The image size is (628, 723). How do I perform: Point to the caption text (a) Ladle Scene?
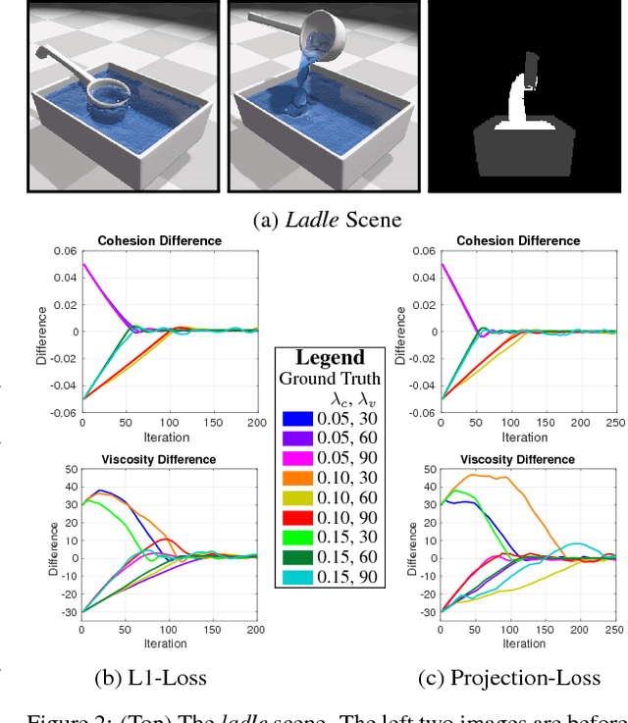click(x=313, y=221)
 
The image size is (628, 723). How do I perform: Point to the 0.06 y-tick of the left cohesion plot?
click(x=65, y=252)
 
